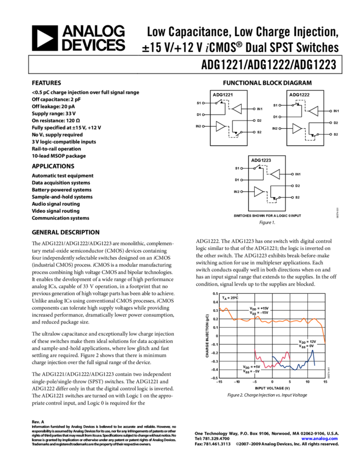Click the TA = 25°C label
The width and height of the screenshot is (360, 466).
pos(230,298)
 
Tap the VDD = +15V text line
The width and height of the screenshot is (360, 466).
pos(259,308)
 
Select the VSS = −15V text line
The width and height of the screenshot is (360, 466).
pos(259,313)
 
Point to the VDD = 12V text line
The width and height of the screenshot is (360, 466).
pos(307,342)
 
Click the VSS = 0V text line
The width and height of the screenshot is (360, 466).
pos(307,346)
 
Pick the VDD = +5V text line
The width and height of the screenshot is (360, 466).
pos(252,366)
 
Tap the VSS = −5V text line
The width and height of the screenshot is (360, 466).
pos(252,371)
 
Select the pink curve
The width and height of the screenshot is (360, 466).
pos(268,365)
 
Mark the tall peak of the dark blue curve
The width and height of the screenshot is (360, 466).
pos(312,351)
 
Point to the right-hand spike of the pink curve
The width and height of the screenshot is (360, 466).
pos(287,353)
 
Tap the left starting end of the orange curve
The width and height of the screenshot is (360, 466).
pos(220,308)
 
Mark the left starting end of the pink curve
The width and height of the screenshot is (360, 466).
pos(255,349)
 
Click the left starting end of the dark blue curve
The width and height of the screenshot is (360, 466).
pos(272,356)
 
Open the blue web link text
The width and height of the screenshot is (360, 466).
pos(319,439)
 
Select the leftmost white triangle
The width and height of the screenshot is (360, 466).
pos(220,127)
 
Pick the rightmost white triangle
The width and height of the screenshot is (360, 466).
pos(313,111)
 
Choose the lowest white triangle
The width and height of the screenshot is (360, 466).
pos(258,192)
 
